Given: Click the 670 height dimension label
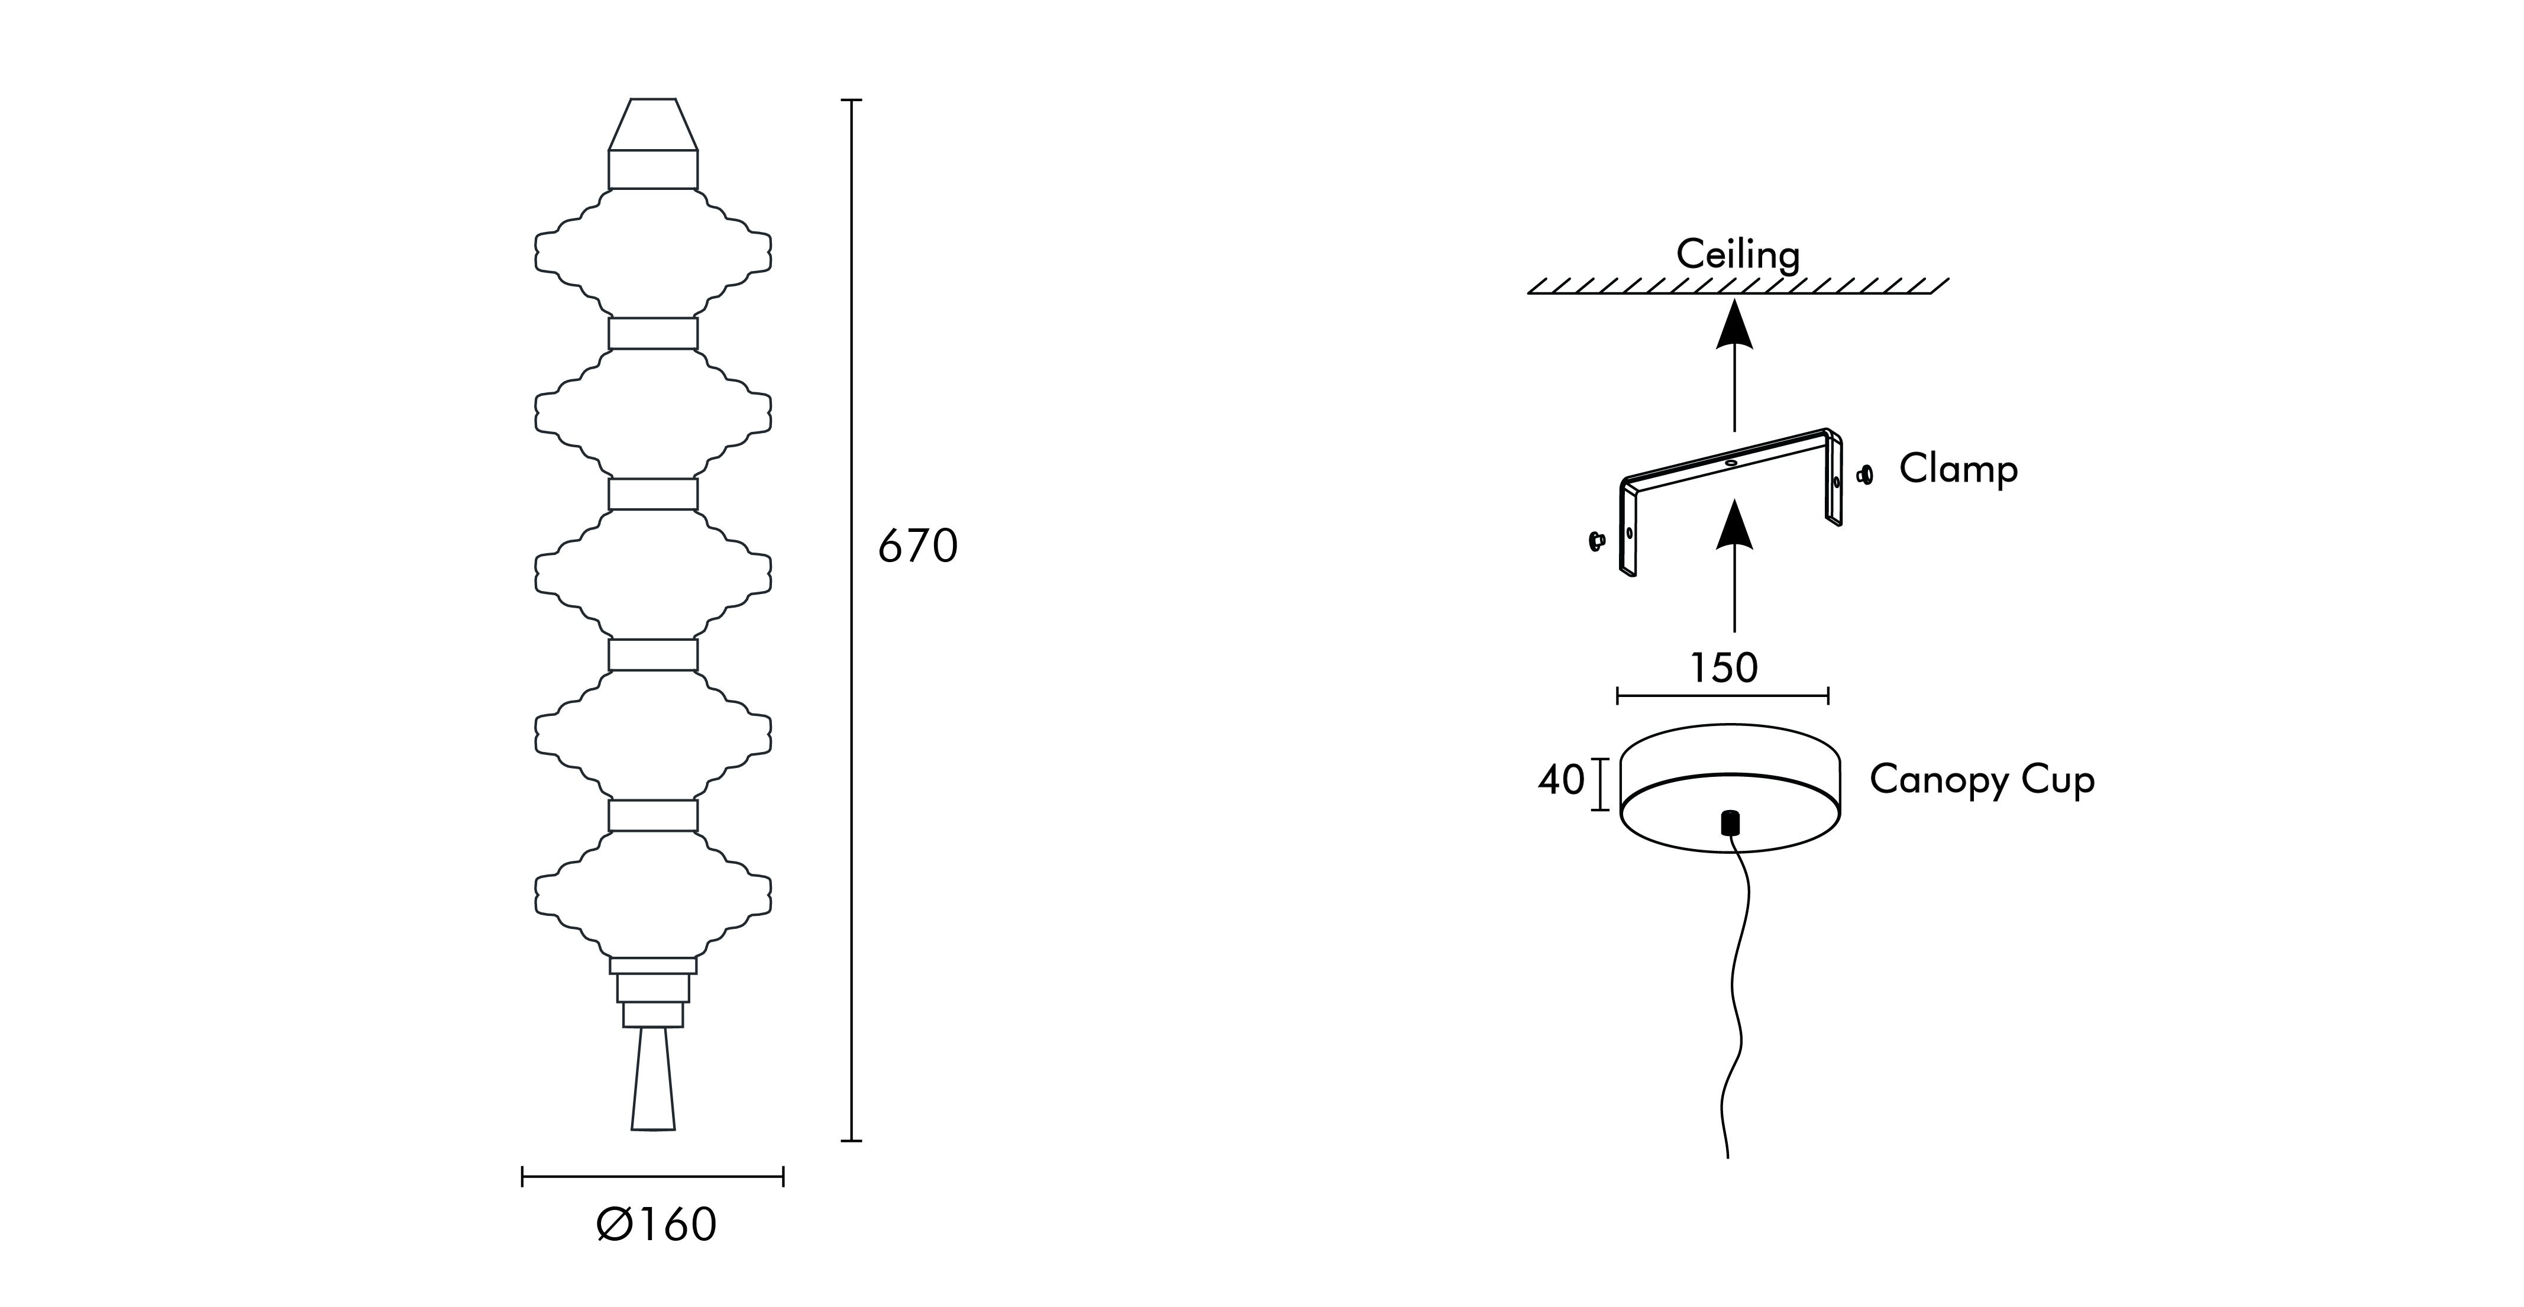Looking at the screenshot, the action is click(x=917, y=547).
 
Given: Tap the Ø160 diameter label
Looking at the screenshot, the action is click(x=657, y=1225).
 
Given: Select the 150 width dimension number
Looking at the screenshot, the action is click(x=1724, y=668).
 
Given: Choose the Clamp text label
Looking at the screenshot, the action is click(x=1959, y=469).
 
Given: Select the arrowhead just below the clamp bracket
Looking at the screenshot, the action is click(x=1734, y=522).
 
